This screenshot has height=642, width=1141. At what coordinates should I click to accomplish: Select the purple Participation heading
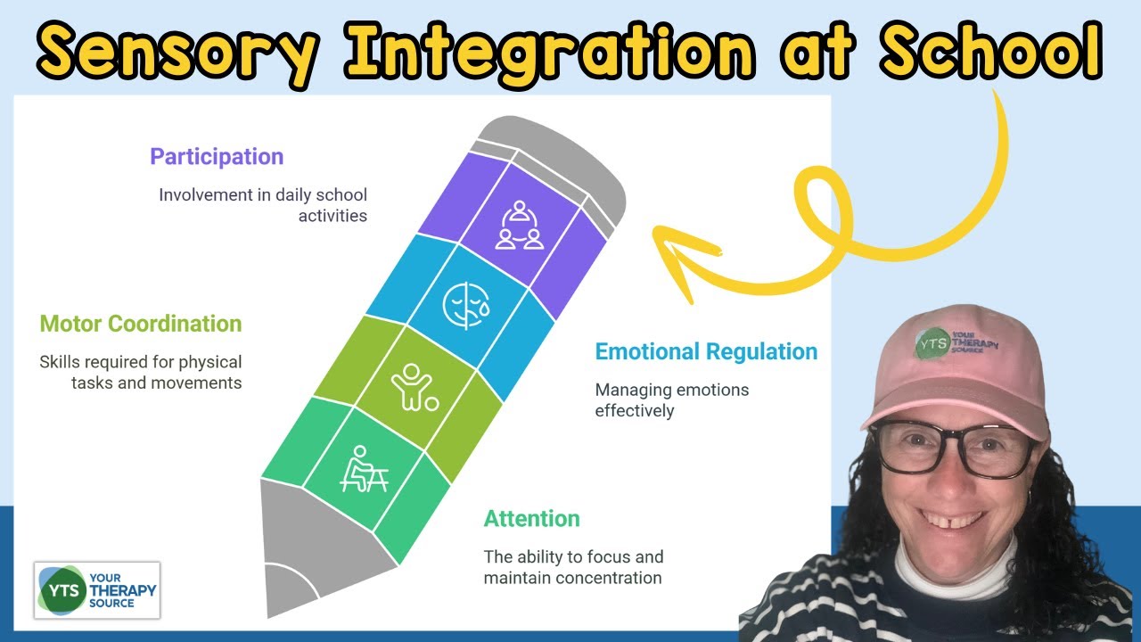coord(217,157)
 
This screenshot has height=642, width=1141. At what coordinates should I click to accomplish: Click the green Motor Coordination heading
coord(141,323)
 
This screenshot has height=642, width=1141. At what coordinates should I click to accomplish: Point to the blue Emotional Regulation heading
coord(706,351)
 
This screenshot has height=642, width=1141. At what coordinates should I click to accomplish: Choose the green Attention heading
coord(531,518)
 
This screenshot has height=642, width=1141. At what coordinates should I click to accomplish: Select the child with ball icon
coord(414,387)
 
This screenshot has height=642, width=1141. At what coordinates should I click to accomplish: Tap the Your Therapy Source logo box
coord(96,589)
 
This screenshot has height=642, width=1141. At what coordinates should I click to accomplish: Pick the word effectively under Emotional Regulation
coord(635,411)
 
